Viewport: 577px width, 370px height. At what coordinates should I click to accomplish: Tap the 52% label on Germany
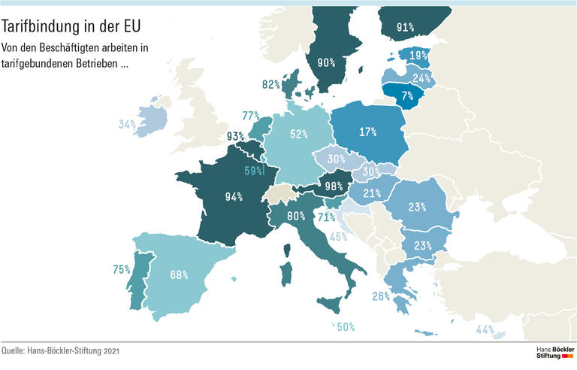299,134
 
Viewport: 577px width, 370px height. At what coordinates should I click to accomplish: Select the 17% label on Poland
367,132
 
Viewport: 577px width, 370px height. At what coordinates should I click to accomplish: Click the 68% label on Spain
179,274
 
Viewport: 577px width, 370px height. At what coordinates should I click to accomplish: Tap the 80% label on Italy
296,216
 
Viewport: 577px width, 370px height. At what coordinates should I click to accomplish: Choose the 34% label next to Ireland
126,124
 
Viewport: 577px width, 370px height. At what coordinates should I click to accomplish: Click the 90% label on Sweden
326,62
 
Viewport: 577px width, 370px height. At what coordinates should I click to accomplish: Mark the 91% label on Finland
406,27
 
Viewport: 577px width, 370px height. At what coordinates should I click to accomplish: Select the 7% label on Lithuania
407,96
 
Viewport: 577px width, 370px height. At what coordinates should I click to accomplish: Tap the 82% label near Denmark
271,85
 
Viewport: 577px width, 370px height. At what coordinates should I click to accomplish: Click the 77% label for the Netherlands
251,116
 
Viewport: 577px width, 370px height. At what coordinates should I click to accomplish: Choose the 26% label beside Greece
380,296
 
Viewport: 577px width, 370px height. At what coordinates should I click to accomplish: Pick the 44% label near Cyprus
485,329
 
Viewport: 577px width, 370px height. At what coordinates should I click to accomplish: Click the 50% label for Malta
346,327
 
